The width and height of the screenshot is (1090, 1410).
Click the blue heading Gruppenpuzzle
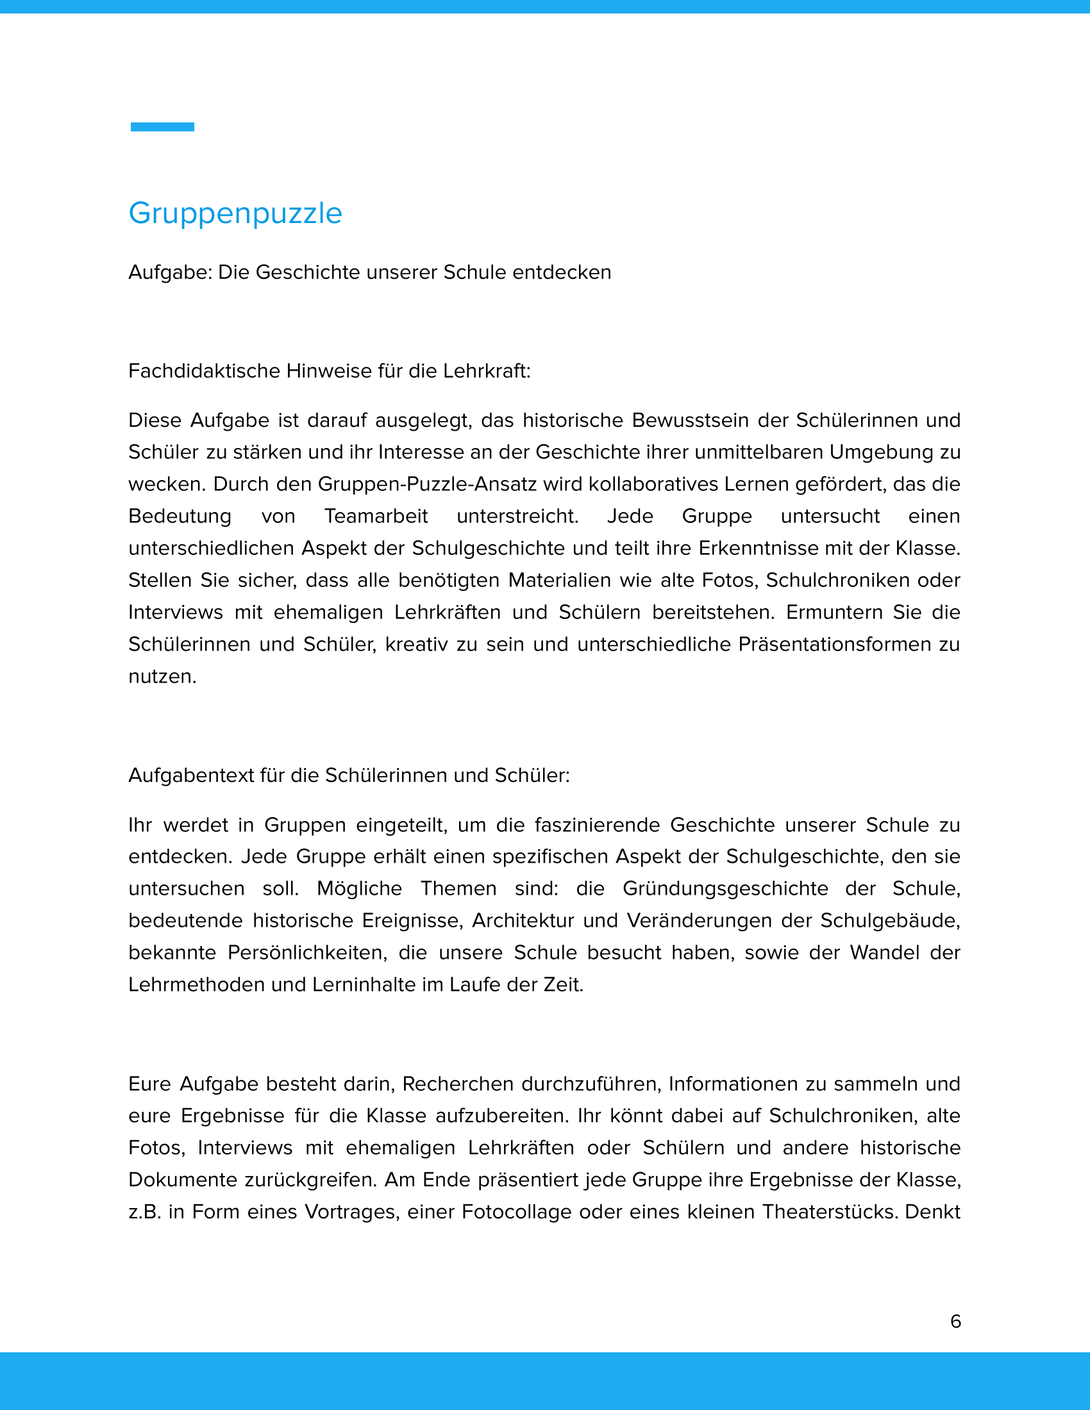click(235, 213)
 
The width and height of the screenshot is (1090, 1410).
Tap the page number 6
click(956, 1322)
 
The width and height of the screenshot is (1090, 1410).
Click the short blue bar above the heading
click(162, 126)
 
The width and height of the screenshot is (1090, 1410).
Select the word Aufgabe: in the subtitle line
click(171, 272)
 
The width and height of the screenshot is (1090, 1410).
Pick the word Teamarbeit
click(376, 516)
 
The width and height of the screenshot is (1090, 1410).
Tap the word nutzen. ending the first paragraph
click(162, 677)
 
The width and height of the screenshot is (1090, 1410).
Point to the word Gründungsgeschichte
click(725, 888)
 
